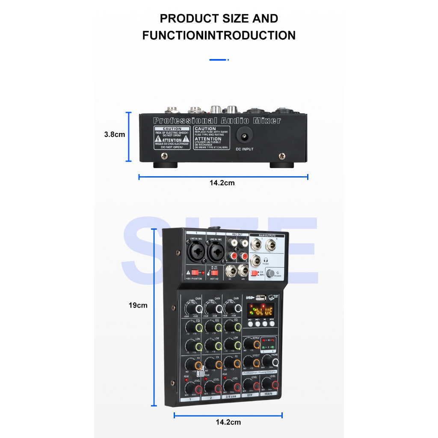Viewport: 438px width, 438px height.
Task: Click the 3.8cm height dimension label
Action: (x=115, y=134)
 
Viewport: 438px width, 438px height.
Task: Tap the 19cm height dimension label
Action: (x=138, y=305)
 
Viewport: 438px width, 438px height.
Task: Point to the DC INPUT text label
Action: (x=245, y=149)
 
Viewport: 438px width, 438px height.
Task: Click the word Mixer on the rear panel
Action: (x=267, y=120)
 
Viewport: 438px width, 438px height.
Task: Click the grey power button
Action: (x=270, y=274)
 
